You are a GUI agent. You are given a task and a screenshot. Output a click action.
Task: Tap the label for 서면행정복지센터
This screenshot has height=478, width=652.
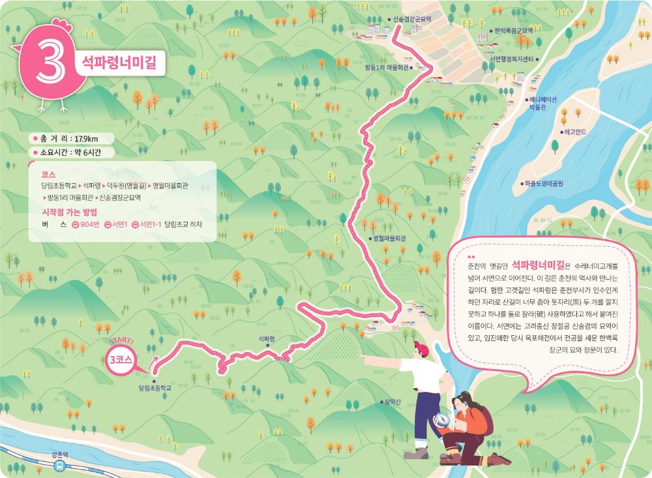coord(511,59)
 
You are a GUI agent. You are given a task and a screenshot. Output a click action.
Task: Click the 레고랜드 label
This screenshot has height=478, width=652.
coord(574,132)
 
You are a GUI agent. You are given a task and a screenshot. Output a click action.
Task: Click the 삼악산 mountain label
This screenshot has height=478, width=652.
coord(393,402)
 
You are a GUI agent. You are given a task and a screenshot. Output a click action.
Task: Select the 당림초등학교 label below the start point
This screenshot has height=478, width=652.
coord(155,388)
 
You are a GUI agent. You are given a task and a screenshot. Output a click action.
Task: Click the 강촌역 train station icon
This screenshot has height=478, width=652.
coord(60,466)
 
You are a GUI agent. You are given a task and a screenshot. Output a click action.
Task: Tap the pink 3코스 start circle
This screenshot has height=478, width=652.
coord(121,359)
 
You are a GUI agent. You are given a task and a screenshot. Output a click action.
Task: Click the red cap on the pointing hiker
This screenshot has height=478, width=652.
coord(421,350)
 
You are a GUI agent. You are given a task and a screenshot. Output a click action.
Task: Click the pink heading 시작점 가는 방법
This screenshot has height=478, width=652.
coord(68,211)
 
